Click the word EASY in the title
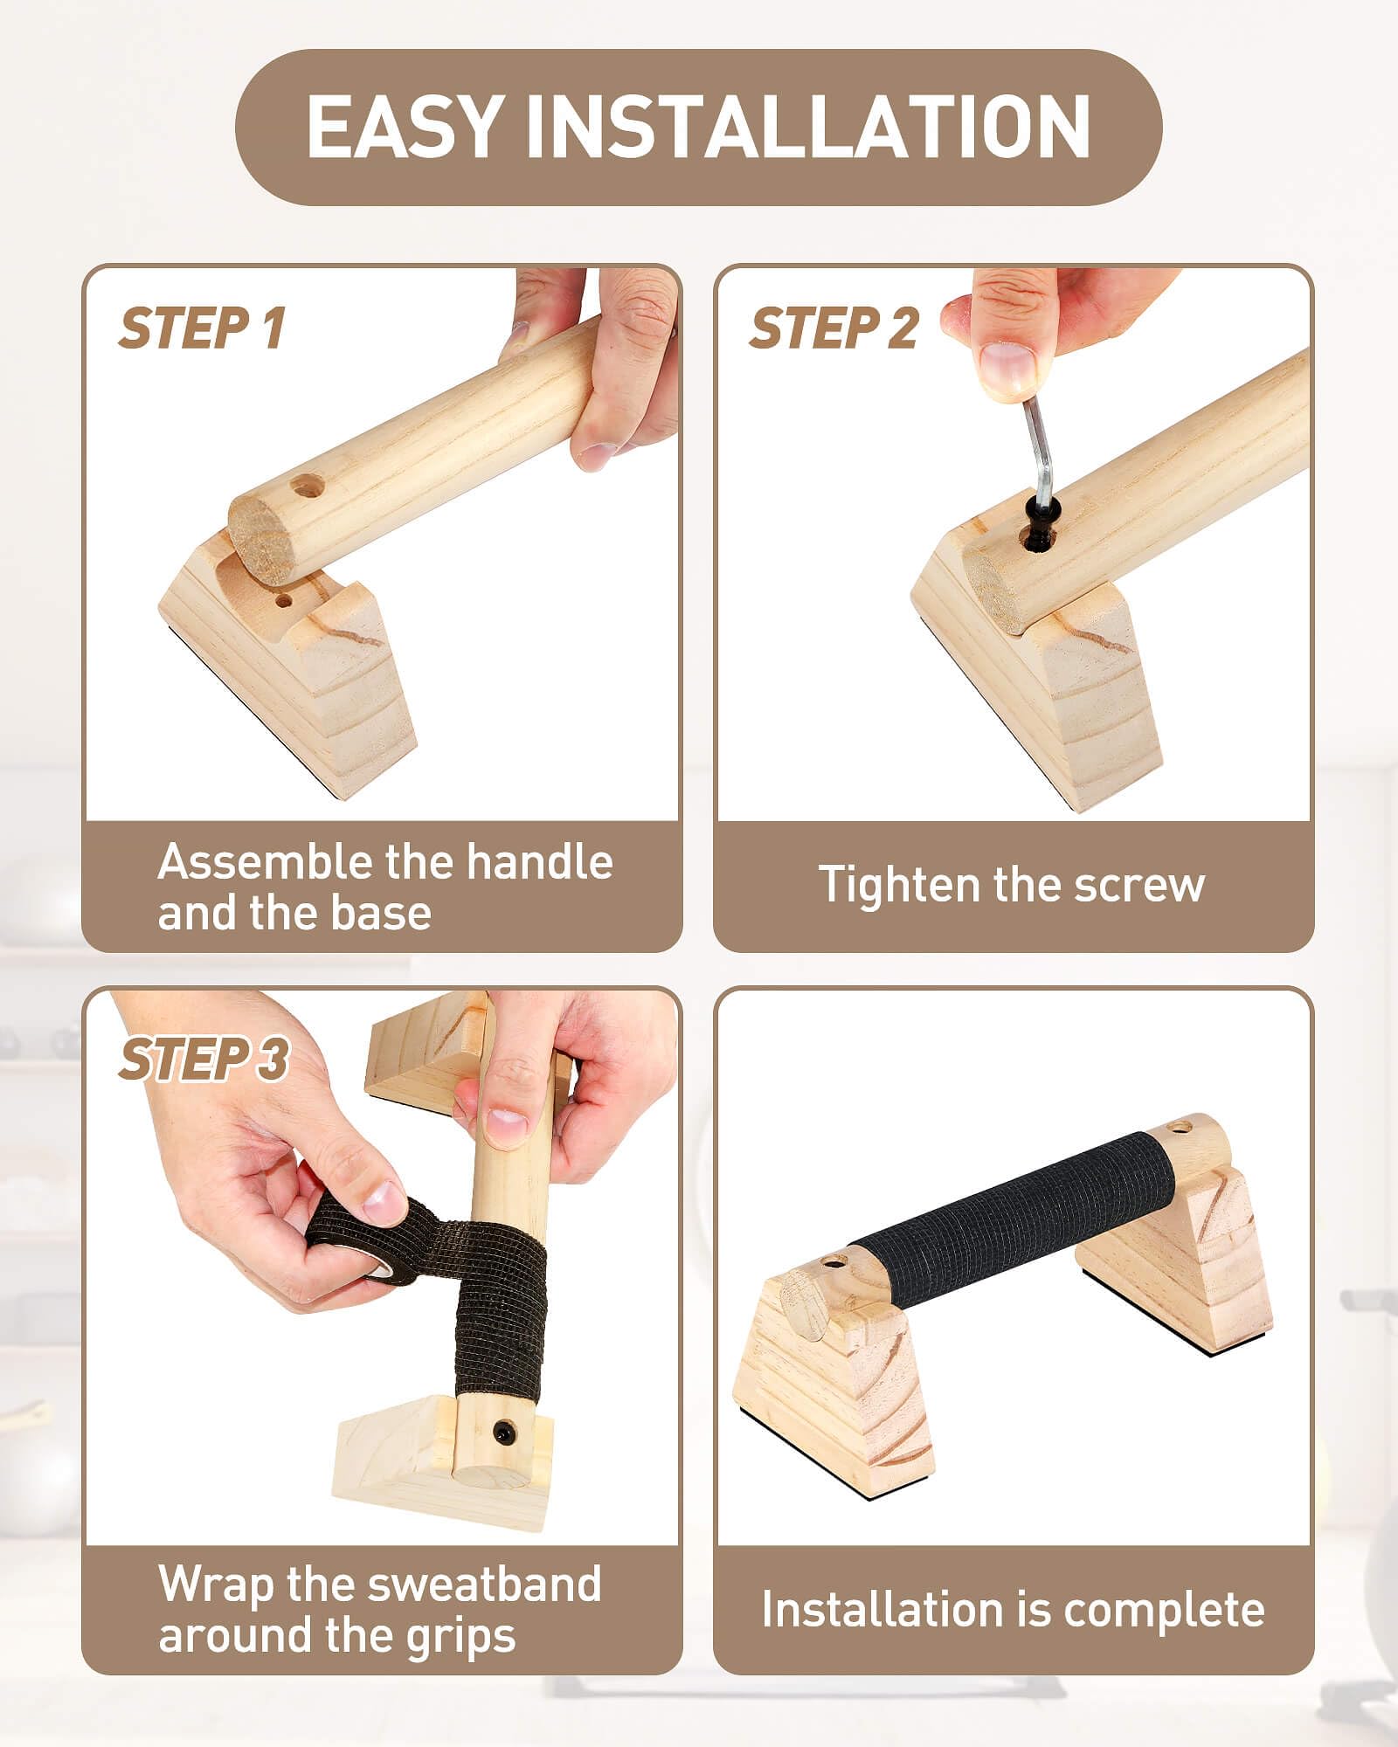point(405,127)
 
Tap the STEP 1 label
point(202,328)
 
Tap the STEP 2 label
point(834,328)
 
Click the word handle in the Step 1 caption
point(539,862)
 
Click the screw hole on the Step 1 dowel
point(307,485)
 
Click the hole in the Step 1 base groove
point(283,601)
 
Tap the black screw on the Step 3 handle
point(502,1432)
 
